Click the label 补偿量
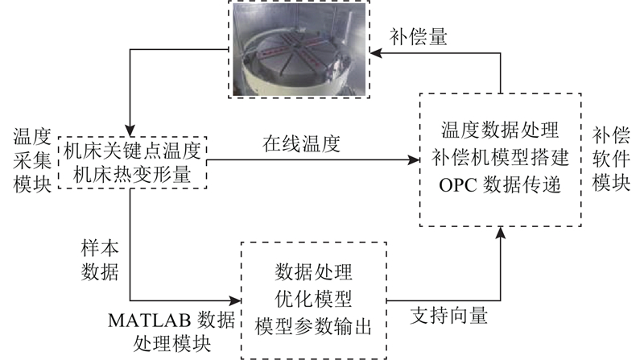tap(418, 37)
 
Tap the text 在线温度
tap(301, 144)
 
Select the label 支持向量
tap(449, 316)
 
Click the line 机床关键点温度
tap(132, 151)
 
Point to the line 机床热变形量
tap(132, 175)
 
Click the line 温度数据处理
tap(500, 130)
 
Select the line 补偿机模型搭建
tap(500, 157)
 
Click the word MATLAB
tap(150, 321)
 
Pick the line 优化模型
tap(313, 299)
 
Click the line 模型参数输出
tap(313, 327)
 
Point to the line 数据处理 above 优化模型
tap(313, 272)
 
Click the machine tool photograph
tap(299, 49)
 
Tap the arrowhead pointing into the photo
tap(376, 53)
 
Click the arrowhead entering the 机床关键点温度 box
tap(130, 131)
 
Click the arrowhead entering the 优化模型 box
tap(235, 301)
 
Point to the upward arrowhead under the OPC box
tap(500, 233)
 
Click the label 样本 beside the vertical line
tap(100, 249)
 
